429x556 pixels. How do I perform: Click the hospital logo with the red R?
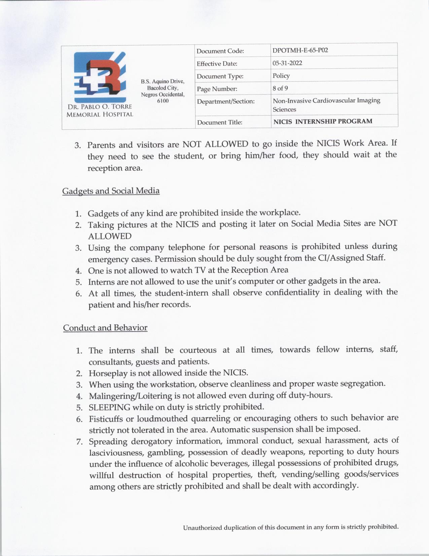coord(100,77)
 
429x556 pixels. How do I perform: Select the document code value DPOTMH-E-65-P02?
coord(300,51)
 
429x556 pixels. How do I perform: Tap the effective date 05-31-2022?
coord(287,63)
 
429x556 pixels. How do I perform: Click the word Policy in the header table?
coord(281,76)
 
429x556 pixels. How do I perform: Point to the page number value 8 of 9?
coord(280,88)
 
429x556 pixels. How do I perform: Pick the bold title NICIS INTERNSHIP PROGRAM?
coord(323,121)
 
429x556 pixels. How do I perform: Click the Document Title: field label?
coord(219,122)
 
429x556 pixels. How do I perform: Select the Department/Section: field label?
coord(225,101)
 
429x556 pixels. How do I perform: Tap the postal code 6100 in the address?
coord(163,101)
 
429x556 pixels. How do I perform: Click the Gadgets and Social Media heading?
coord(111,191)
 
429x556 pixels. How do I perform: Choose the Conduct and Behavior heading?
coord(105,328)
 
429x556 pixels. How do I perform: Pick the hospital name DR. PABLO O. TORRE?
coord(100,107)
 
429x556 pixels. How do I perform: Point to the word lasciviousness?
coord(116,453)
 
